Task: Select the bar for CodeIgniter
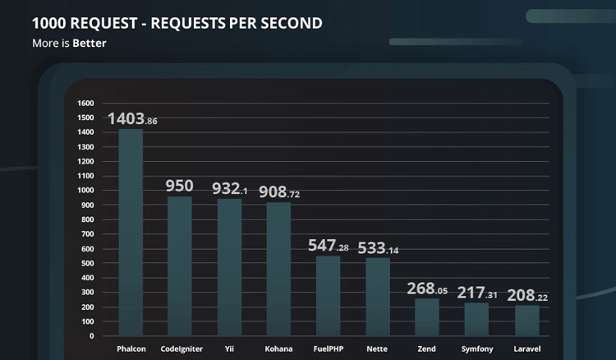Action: pos(180,266)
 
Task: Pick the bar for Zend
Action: pos(427,317)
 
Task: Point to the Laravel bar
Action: pos(526,321)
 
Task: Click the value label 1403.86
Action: pos(131,119)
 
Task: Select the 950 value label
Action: pos(179,187)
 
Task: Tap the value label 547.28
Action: pos(328,246)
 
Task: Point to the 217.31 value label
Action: pos(476,293)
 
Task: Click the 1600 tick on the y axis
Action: pos(85,104)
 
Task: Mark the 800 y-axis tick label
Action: pos(87,219)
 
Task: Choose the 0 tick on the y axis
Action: pos(91,336)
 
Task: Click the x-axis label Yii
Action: pos(229,349)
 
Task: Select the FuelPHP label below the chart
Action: pos(329,349)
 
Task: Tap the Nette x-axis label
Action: pos(378,349)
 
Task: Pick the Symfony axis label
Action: pos(477,349)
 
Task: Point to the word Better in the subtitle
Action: pos(90,44)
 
